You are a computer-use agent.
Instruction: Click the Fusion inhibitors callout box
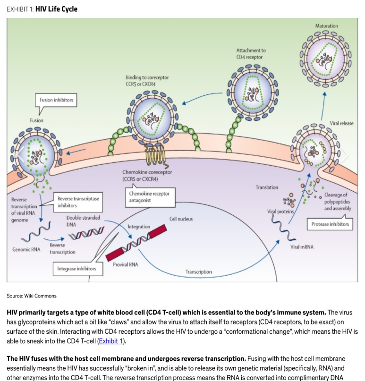[x=56, y=100]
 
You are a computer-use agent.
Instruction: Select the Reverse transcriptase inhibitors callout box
[x=78, y=202]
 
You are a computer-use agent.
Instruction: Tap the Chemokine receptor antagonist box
[x=150, y=197]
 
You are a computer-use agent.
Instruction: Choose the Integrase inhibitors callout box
[x=78, y=269]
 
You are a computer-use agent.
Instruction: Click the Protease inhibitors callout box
[x=330, y=224]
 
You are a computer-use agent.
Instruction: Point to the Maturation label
[x=326, y=26]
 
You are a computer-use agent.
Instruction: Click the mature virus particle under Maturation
[x=326, y=59]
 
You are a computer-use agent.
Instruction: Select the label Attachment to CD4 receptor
[x=251, y=54]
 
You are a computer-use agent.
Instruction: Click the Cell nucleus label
[x=181, y=219]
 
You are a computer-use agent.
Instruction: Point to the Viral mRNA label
[x=302, y=247]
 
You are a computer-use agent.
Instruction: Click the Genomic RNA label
[x=26, y=250]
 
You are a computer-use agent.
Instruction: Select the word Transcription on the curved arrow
[x=198, y=271]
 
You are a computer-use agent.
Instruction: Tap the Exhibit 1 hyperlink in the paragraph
[x=111, y=341]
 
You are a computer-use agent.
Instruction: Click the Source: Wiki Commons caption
[x=32, y=296]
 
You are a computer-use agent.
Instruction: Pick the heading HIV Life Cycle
[x=56, y=9]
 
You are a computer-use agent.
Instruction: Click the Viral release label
[x=341, y=123]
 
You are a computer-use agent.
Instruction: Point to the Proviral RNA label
[x=126, y=264]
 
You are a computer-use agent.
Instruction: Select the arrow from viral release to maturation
[x=323, y=106]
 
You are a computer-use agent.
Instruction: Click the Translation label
[x=267, y=187]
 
